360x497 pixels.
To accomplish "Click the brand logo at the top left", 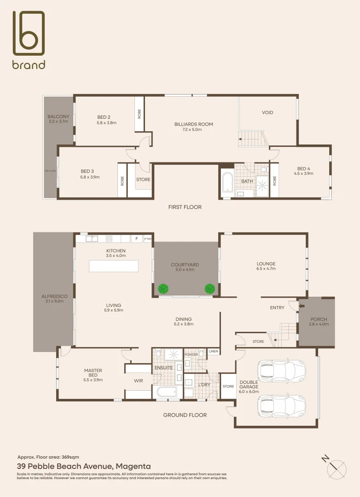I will point(29,40).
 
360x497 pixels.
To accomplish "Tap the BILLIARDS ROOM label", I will point(193,124).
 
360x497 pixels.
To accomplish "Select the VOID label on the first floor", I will point(267,113).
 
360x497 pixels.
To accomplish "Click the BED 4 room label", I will point(305,168).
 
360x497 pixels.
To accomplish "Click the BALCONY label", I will point(58,117).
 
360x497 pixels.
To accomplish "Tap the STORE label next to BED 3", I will point(143,179).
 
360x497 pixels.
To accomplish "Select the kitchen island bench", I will point(113,266).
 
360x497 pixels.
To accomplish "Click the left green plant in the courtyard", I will point(163,289).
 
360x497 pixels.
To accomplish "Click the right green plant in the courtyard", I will point(210,289).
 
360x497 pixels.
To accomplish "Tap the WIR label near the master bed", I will point(138,381).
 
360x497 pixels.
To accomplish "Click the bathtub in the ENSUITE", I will point(166,393).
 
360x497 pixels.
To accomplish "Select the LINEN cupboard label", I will point(213,352).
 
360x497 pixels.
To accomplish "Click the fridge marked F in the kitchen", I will point(136,239).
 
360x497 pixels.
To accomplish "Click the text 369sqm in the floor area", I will point(70,457).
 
